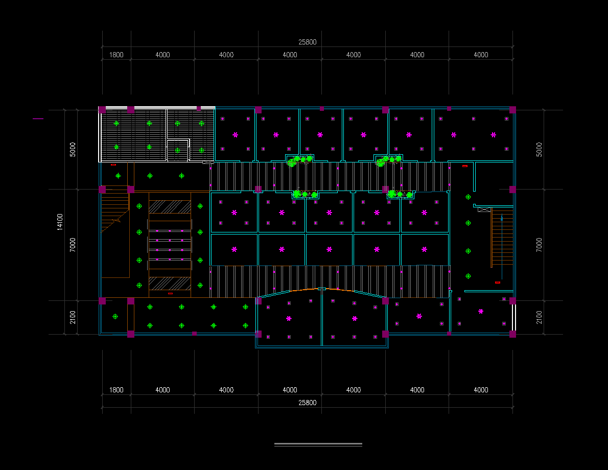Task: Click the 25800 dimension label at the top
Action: pos(307,42)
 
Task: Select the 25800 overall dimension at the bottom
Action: pos(307,403)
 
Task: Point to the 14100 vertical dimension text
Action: pos(60,222)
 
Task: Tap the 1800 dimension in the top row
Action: pos(116,55)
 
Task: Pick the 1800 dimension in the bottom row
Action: pos(116,390)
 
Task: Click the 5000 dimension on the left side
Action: pos(73,150)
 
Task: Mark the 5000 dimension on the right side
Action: pos(539,150)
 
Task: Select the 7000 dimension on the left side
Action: pos(73,245)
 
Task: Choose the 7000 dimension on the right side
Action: pos(539,245)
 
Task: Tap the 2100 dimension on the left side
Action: pos(73,317)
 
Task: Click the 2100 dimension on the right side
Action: pos(539,317)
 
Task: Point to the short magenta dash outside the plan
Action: pos(38,119)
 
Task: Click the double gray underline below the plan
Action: pos(318,445)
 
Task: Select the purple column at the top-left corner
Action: pos(102,110)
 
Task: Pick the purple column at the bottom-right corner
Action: pos(512,334)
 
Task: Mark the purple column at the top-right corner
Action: pos(512,110)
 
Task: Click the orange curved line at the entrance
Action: pos(322,289)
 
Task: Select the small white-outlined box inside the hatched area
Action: pos(178,150)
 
